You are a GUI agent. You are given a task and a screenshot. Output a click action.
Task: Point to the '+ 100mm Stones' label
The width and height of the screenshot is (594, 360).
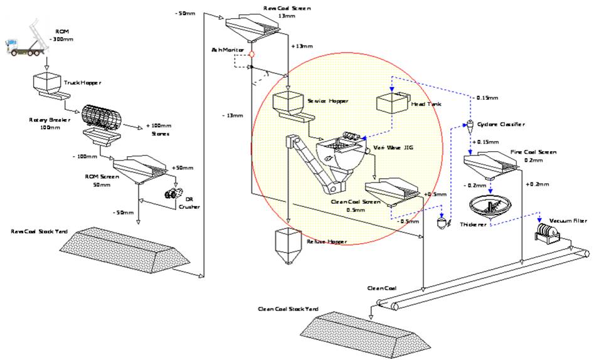pyautogui.click(x=157, y=129)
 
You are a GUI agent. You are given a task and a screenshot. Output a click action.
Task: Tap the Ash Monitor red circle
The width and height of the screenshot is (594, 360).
pyautogui.click(x=251, y=55)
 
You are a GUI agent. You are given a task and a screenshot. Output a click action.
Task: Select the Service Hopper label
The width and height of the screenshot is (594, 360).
pyautogui.click(x=327, y=100)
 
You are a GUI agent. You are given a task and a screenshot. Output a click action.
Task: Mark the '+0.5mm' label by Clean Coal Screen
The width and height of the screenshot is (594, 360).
pyautogui.click(x=432, y=194)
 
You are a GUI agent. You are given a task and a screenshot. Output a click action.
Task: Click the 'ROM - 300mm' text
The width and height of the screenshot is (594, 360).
pyautogui.click(x=61, y=34)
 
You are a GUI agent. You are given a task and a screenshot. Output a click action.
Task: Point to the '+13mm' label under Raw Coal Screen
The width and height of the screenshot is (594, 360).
pyautogui.click(x=301, y=46)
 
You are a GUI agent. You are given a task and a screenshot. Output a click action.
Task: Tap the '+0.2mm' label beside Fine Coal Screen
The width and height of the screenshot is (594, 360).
pyautogui.click(x=538, y=184)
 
